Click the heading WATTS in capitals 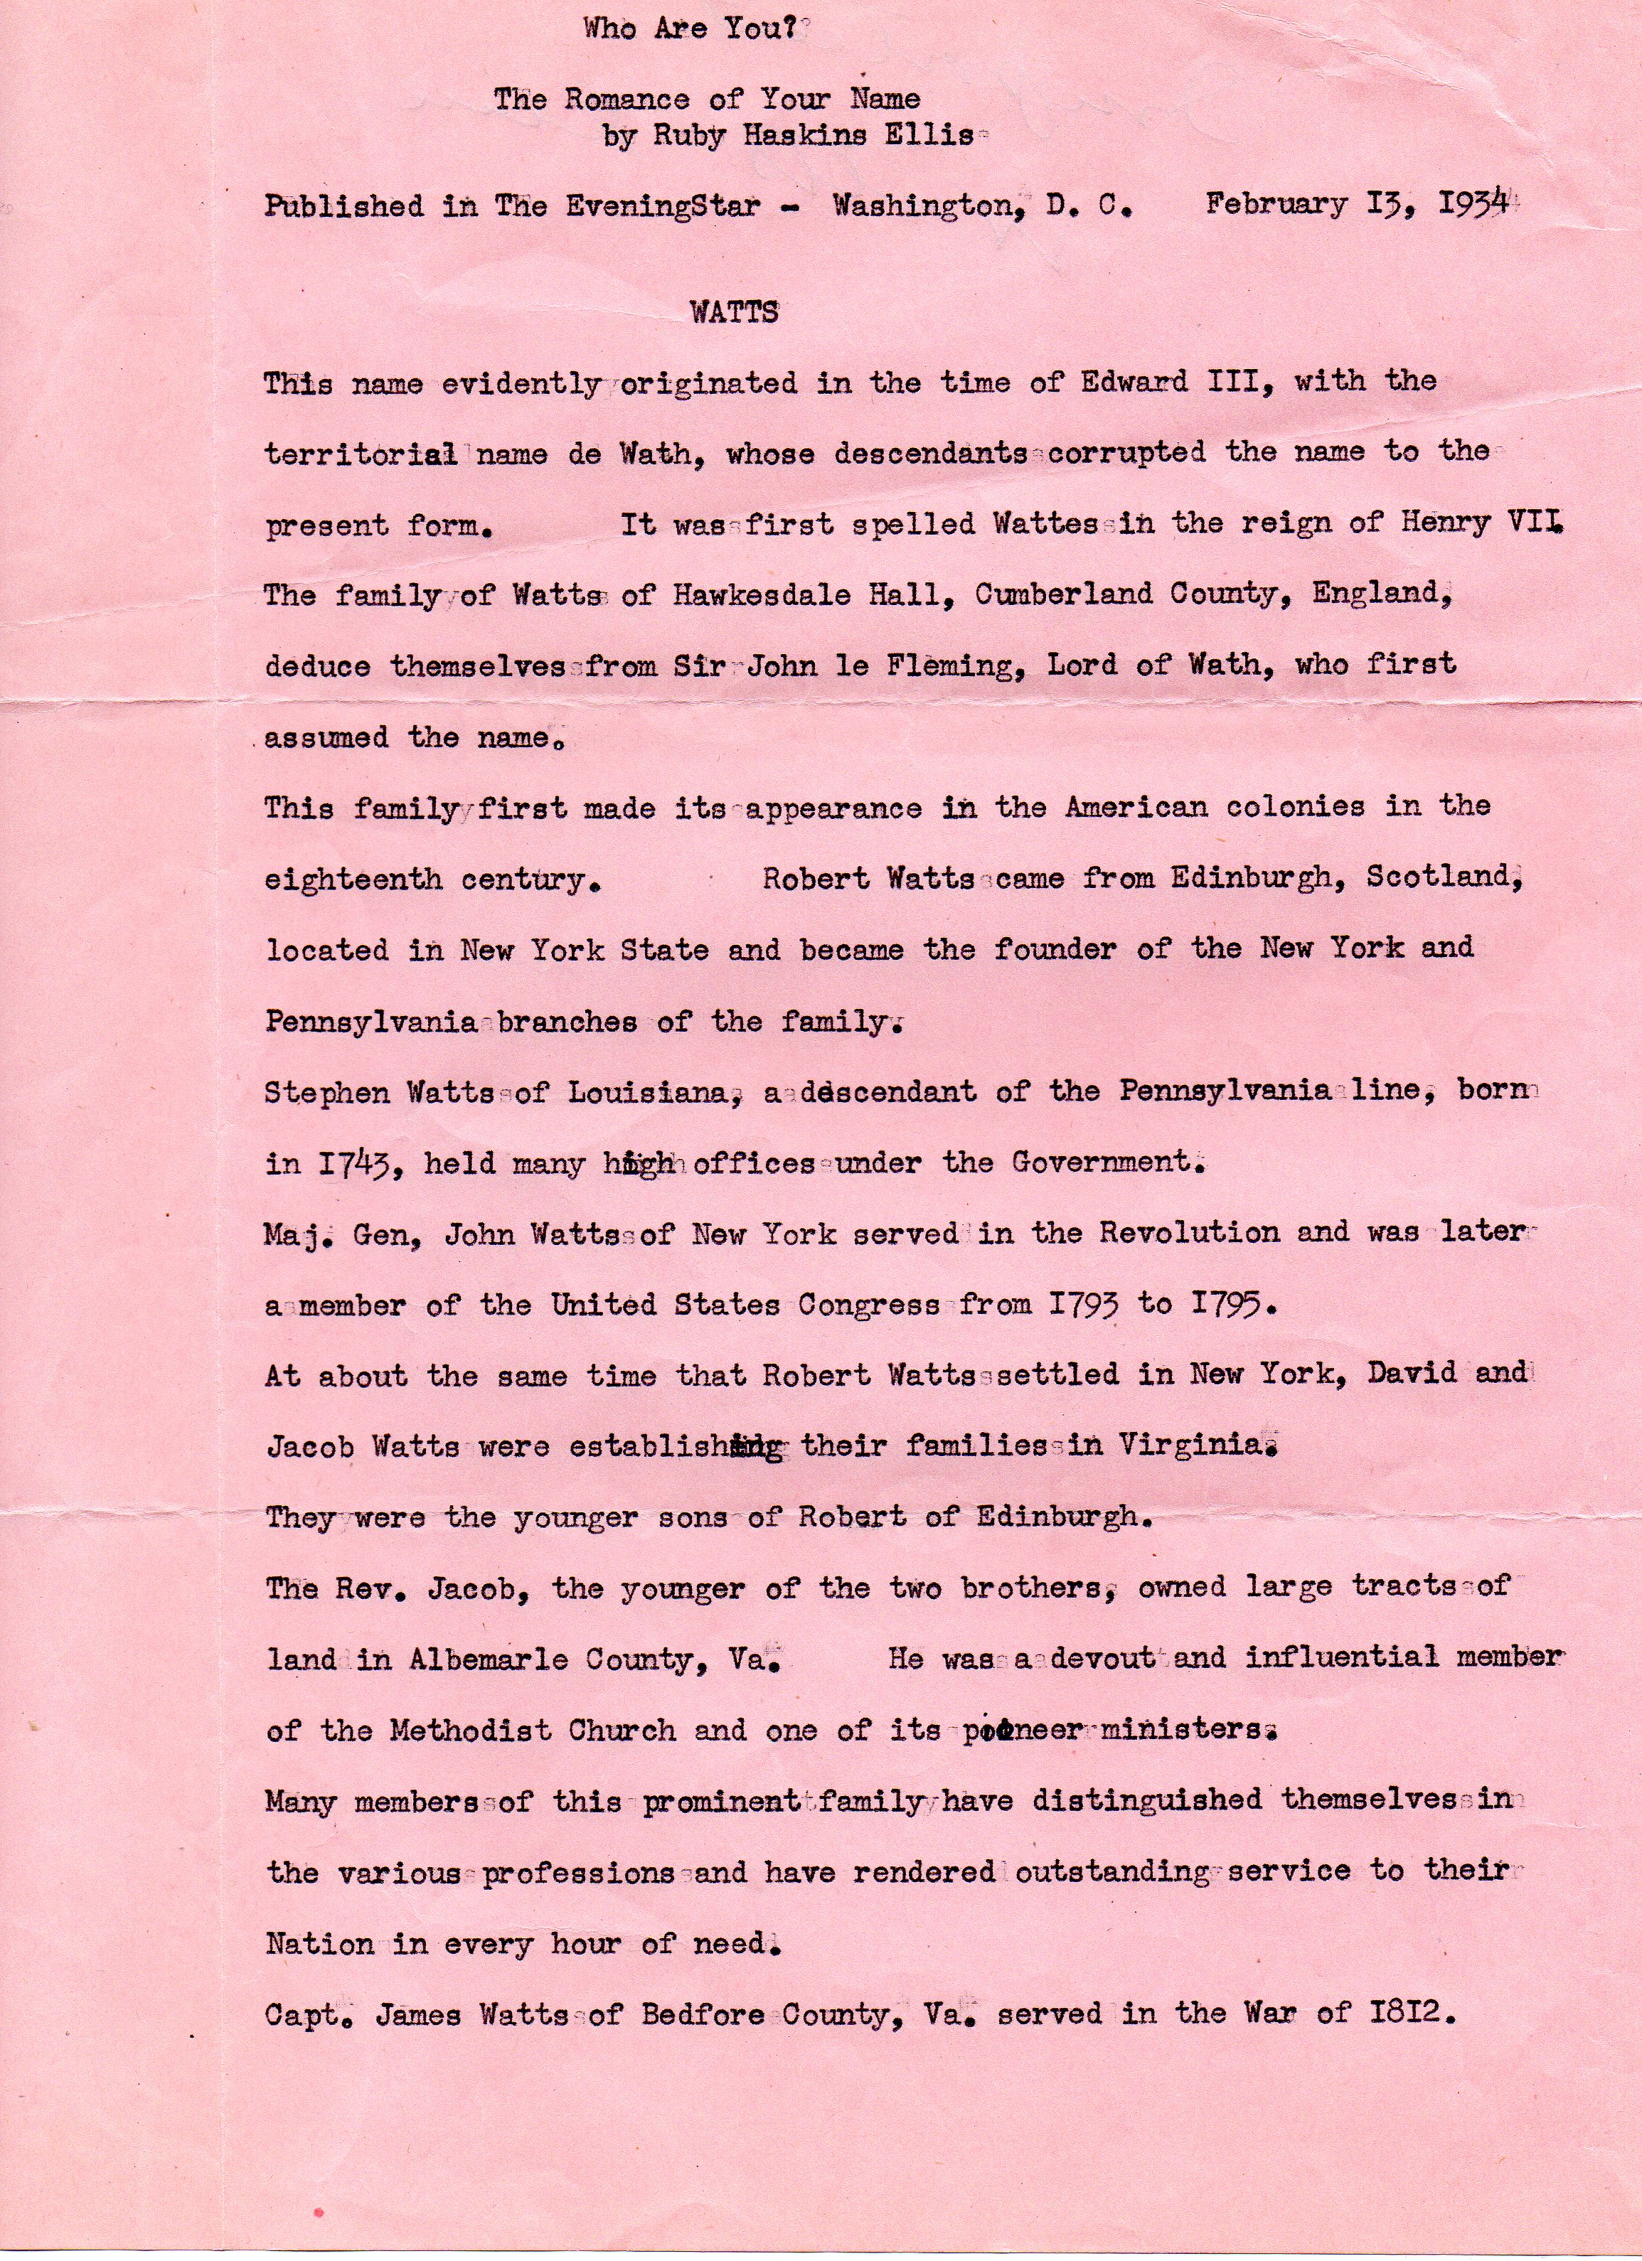click(x=734, y=312)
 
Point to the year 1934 click(x=1473, y=204)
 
